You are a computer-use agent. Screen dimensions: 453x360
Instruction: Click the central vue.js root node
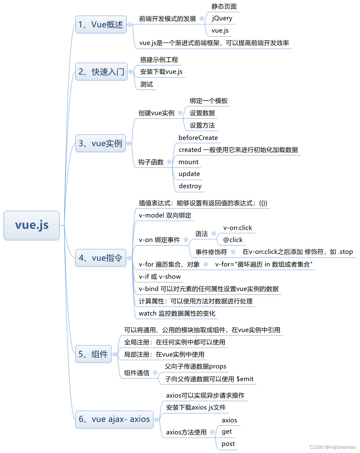(x=31, y=225)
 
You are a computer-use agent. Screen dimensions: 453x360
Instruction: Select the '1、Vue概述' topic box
(x=101, y=25)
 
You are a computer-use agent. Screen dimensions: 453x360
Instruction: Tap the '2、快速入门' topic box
(x=101, y=72)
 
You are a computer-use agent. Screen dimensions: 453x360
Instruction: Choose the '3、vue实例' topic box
(x=100, y=143)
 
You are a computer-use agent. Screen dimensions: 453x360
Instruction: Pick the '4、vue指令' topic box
(x=101, y=258)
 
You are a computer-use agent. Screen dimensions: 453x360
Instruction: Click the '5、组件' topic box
(x=93, y=354)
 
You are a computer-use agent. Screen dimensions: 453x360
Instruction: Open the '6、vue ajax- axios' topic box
(x=114, y=419)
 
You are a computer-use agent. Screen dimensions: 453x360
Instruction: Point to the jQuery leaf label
(x=222, y=18)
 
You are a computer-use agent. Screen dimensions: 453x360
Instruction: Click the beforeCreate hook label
(x=198, y=138)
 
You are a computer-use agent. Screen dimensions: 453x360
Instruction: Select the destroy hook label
(x=190, y=186)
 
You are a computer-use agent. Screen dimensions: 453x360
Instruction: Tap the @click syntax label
(x=233, y=240)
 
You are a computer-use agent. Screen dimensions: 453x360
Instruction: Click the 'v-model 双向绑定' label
(x=165, y=215)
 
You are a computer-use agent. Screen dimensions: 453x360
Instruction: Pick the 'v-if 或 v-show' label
(x=160, y=277)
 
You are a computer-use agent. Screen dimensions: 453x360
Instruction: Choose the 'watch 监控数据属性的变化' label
(x=177, y=313)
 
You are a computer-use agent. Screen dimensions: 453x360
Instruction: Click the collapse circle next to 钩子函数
(x=170, y=162)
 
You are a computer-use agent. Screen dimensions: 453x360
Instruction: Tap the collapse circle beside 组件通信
(x=155, y=373)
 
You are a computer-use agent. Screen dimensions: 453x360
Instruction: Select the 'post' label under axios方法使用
(x=228, y=444)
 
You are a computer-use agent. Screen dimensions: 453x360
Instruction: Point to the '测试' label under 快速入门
(x=147, y=84)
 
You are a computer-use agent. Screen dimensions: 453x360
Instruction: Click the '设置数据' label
(x=202, y=113)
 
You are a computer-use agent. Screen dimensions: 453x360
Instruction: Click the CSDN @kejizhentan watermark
(x=332, y=447)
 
